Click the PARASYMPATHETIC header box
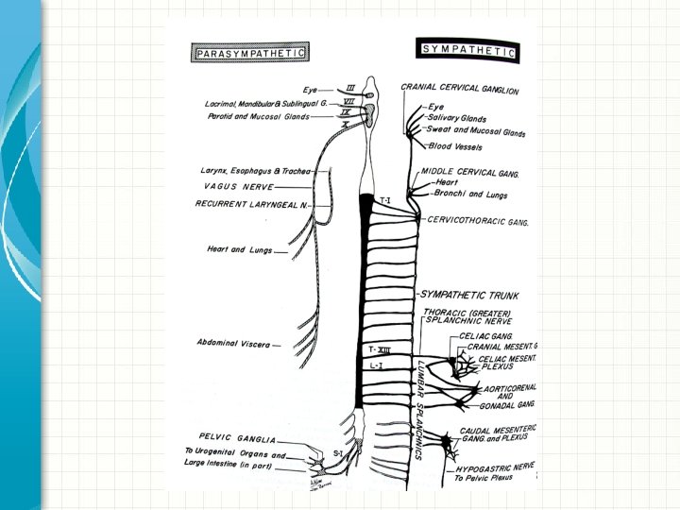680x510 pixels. point(249,54)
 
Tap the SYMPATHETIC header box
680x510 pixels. point(467,50)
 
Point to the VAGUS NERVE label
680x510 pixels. point(239,187)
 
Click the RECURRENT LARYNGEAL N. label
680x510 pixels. point(252,203)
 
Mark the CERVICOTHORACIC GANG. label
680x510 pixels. point(477,221)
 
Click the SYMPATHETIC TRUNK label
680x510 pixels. point(469,296)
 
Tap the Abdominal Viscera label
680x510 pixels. point(234,345)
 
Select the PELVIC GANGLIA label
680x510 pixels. point(238,440)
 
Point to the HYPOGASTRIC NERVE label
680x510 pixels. point(494,467)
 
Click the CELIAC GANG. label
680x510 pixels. point(485,334)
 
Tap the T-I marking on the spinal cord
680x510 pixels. point(385,200)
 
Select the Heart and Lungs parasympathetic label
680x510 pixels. point(240,250)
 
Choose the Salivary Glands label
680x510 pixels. point(457,119)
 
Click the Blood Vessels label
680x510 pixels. point(455,147)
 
